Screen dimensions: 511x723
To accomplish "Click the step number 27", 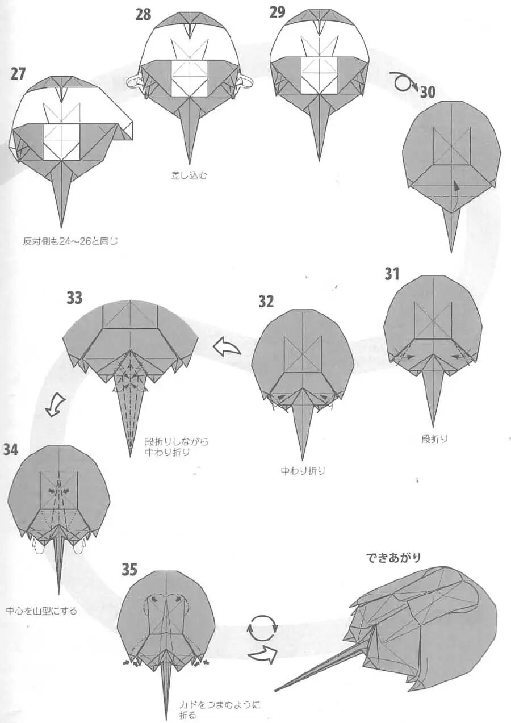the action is point(18,73).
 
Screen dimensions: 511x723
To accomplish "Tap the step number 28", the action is point(143,14).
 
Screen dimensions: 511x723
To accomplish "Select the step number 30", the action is point(428,91).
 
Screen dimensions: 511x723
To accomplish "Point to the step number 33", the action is point(74,297).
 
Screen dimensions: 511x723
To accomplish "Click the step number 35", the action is point(129,569).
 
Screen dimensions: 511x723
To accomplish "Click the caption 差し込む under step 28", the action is point(190,175).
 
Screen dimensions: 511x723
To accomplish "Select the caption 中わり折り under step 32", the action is point(303,471).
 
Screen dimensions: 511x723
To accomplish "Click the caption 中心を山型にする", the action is point(41,611).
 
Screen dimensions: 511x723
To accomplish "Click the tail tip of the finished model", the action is point(276,691).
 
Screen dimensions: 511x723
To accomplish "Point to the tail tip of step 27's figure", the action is point(61,226).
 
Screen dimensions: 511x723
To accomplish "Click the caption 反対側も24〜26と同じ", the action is point(70,241).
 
